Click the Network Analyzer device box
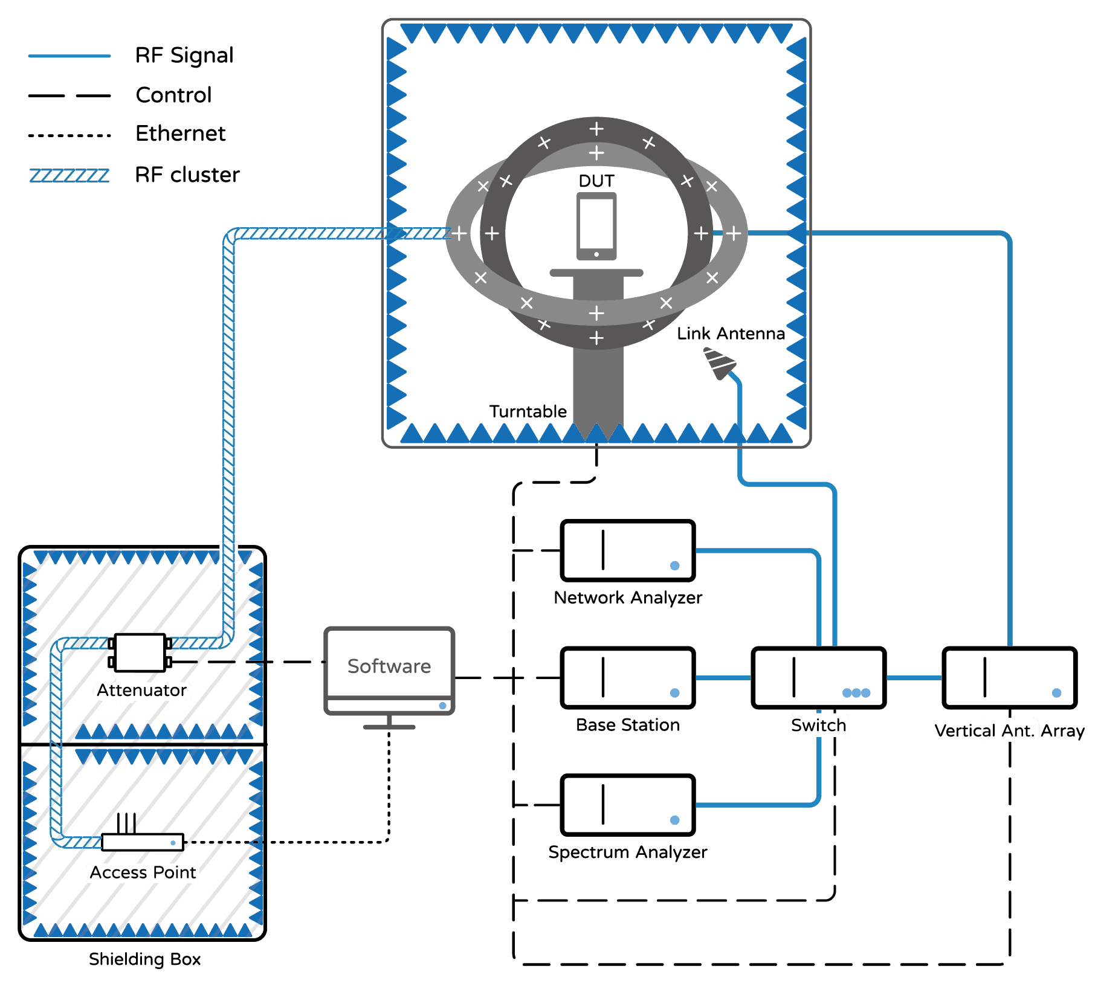click(628, 550)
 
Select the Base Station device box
click(628, 678)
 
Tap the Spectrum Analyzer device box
click(628, 805)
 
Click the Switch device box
click(819, 678)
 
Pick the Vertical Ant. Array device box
click(1010, 678)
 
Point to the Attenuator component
click(140, 652)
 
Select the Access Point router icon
click(143, 834)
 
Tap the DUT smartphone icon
click(596, 227)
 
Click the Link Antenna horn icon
click(720, 363)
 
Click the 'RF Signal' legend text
click(184, 55)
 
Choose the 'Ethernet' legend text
click(181, 133)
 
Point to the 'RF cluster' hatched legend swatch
click(69, 175)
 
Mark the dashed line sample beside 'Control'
click(69, 95)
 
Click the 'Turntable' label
click(528, 411)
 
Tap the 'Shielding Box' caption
click(144, 959)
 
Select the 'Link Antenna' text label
click(731, 333)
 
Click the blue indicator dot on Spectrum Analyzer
click(675, 820)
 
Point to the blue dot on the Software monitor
click(442, 706)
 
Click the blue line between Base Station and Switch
click(723, 678)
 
